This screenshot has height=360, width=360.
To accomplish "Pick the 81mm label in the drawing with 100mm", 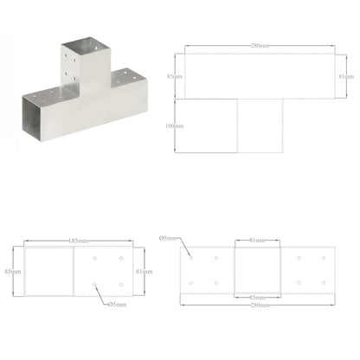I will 344,75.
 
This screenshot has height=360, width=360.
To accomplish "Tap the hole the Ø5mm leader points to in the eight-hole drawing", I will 190,256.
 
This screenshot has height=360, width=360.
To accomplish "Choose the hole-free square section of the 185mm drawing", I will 48,270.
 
